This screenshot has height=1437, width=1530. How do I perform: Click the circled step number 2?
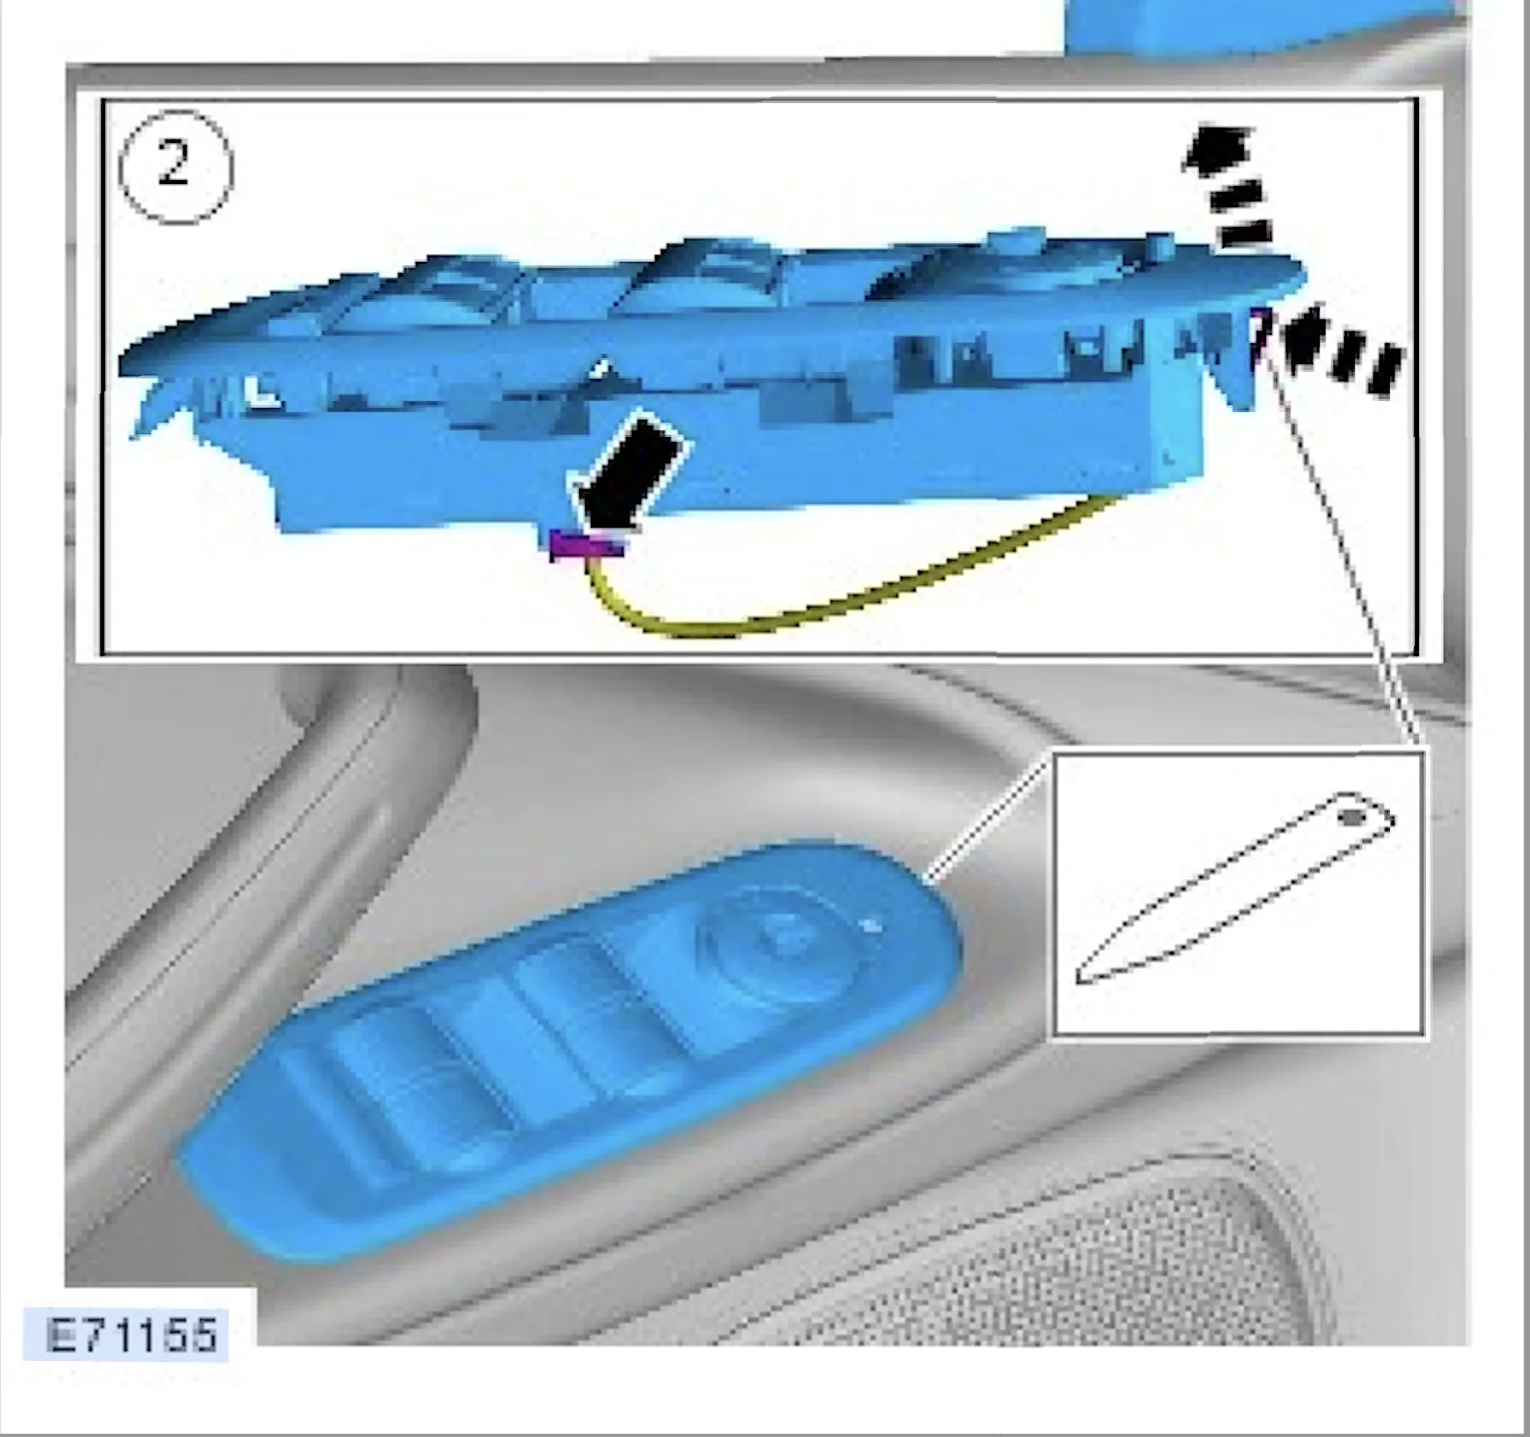coord(175,166)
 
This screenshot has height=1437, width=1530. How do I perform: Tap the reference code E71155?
coord(132,1335)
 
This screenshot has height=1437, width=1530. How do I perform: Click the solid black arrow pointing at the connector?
coord(628,473)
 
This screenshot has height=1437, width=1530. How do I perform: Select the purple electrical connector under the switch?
coord(586,544)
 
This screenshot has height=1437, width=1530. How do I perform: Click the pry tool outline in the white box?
coord(1235,887)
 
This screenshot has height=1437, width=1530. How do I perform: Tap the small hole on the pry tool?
coord(1353,816)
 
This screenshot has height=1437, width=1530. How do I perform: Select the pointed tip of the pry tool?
coord(1077,978)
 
